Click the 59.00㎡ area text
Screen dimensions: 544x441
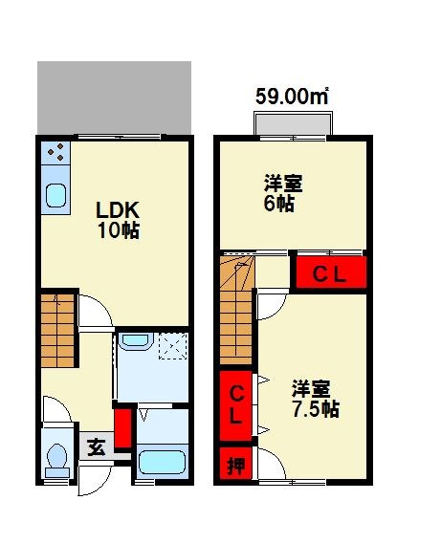(292, 96)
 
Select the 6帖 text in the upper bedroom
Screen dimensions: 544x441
(278, 204)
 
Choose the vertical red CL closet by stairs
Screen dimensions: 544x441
(235, 404)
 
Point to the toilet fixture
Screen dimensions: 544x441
(55, 460)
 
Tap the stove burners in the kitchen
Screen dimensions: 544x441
(54, 151)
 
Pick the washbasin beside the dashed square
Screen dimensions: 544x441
(136, 342)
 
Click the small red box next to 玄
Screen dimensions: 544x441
(121, 428)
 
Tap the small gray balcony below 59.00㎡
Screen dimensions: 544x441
(293, 124)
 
